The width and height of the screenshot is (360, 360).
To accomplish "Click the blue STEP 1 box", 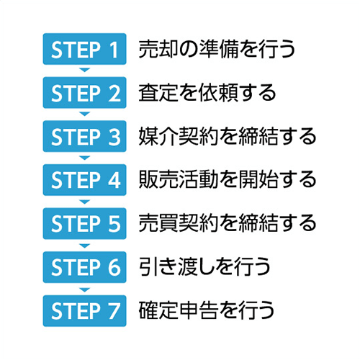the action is [x=84, y=49].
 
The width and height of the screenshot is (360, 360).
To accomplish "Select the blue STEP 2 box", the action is [x=84, y=93].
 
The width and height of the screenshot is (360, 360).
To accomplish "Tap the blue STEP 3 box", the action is [x=84, y=136].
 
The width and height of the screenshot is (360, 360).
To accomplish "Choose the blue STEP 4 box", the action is [x=84, y=180].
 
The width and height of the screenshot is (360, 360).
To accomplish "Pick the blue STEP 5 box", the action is [x=84, y=224].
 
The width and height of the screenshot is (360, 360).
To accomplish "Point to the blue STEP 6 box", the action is [x=84, y=267].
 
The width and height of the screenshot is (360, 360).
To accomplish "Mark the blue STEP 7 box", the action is [x=84, y=311].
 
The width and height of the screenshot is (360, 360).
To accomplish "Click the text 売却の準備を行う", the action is [x=217, y=49].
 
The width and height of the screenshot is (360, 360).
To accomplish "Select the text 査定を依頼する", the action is [x=207, y=93].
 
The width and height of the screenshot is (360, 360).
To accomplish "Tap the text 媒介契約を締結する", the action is [x=228, y=137].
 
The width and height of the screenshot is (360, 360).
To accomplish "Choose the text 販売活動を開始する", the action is [x=228, y=180].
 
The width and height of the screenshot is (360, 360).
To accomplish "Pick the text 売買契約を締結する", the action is [x=228, y=224].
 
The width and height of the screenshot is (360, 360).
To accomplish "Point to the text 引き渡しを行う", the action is [x=204, y=267].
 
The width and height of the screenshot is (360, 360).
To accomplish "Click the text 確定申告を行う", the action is [x=207, y=311].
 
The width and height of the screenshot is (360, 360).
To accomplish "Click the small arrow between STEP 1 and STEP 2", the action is [x=84, y=70].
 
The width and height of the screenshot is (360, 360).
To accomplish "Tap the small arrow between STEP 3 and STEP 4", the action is [x=84, y=158].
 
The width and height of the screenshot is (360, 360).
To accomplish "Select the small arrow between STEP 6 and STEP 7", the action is [x=84, y=289].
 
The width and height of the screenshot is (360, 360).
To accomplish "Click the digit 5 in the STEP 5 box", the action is [x=114, y=224].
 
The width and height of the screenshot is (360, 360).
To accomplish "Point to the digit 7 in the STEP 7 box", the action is [x=114, y=311].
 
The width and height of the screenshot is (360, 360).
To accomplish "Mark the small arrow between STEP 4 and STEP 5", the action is [x=84, y=201].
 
